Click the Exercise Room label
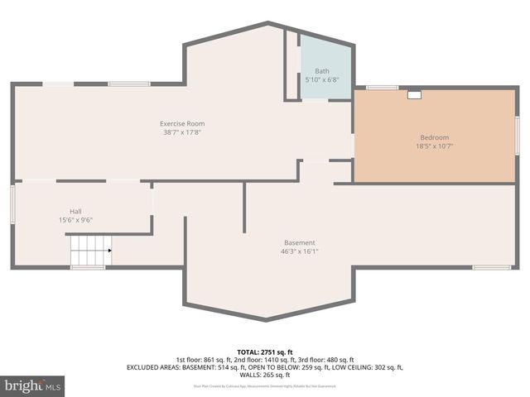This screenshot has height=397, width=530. [182, 123]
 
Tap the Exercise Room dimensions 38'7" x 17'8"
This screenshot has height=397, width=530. [182, 132]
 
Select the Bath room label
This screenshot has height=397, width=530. [321, 71]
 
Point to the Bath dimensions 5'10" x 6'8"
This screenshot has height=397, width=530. [321, 79]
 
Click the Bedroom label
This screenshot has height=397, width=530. [435, 137]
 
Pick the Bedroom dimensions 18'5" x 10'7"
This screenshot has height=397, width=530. [435, 146]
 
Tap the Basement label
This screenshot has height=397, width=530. [299, 242]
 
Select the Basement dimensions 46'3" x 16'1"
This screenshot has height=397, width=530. [299, 251]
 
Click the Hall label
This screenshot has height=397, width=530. [75, 211]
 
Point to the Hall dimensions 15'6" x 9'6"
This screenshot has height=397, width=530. [75, 220]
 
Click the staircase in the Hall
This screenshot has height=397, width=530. [88, 250]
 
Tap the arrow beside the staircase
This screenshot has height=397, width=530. [109, 250]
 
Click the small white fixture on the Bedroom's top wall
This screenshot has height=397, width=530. [413, 94]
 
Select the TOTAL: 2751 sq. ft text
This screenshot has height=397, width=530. [265, 352]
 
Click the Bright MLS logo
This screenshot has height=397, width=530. [33, 385]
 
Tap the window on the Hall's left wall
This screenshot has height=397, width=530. [12, 203]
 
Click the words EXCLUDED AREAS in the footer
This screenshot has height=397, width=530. [153, 367]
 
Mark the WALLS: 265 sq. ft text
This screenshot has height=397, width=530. [265, 375]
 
